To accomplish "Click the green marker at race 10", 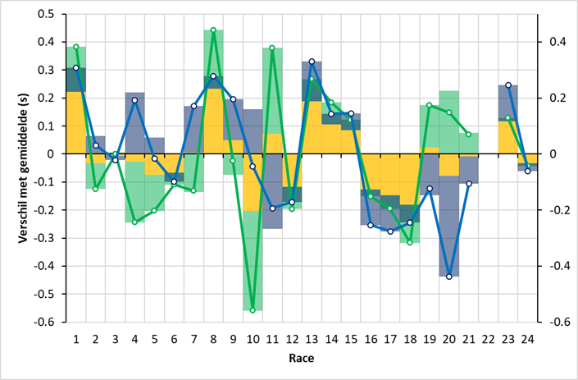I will coord(253,310).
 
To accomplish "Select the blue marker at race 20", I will coord(448,277).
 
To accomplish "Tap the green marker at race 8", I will coord(213,30).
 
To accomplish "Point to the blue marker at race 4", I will coord(134,100).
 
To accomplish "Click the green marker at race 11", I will coord(272,48).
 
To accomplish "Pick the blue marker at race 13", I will coord(312,62).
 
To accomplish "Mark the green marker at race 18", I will coord(410,242).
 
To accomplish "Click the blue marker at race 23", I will coord(508,85).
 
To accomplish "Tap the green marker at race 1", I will coord(75,47).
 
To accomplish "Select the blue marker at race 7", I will coord(193,106).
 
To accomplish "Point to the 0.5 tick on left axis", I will coord(47,14).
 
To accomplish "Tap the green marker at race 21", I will coord(469,134).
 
